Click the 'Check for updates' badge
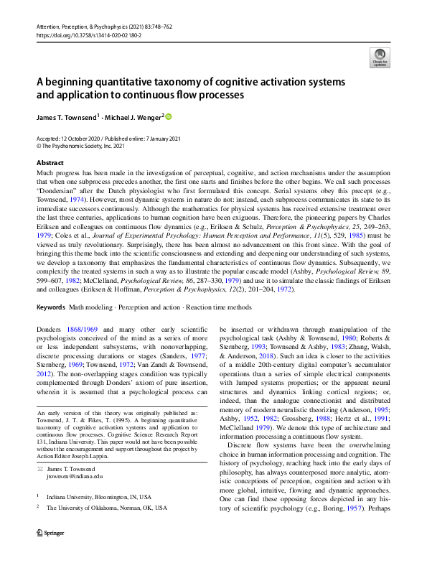pos(377,57)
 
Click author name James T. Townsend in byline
pos(67,116)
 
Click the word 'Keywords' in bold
pos(50,307)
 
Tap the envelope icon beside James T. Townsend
pos(42,467)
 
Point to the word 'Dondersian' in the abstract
pos(63,194)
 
